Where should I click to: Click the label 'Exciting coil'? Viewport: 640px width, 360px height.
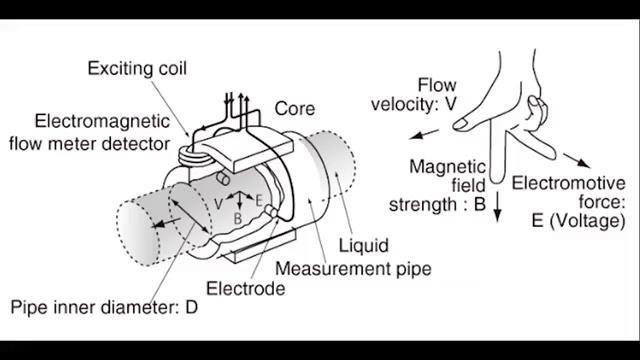click(x=137, y=68)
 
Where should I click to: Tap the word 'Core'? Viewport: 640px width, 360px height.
click(x=295, y=109)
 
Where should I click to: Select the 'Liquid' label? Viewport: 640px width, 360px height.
click(x=364, y=246)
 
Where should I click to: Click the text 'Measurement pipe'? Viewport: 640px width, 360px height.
click(x=353, y=269)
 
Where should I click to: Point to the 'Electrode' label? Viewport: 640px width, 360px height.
click(x=246, y=289)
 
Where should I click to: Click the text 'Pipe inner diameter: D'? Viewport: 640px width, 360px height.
click(x=104, y=307)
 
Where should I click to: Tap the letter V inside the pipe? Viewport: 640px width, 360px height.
click(x=218, y=204)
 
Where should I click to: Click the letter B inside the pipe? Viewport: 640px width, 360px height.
click(x=238, y=218)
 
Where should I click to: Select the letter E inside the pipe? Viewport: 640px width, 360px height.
click(x=258, y=200)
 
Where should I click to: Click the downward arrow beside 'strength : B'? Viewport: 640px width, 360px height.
click(x=497, y=207)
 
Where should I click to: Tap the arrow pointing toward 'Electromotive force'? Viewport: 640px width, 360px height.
click(x=576, y=160)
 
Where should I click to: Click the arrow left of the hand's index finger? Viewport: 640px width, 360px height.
click(x=424, y=134)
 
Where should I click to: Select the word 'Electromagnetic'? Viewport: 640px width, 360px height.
click(x=102, y=121)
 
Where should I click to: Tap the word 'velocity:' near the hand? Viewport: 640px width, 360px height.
click(x=404, y=104)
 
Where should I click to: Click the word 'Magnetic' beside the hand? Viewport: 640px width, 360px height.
click(x=447, y=167)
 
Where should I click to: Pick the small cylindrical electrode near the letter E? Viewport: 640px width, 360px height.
click(x=271, y=211)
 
